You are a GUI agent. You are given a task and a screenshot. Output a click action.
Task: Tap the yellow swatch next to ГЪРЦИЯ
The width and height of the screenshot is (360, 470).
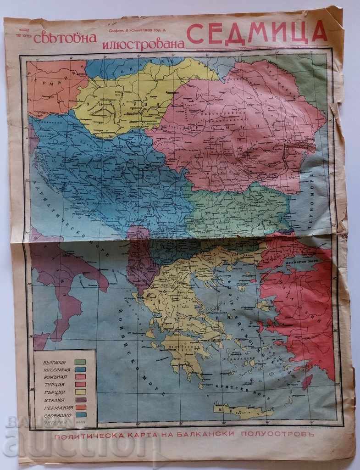tap(81, 393)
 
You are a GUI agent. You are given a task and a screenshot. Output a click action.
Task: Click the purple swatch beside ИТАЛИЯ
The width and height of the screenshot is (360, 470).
tap(81, 400)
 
